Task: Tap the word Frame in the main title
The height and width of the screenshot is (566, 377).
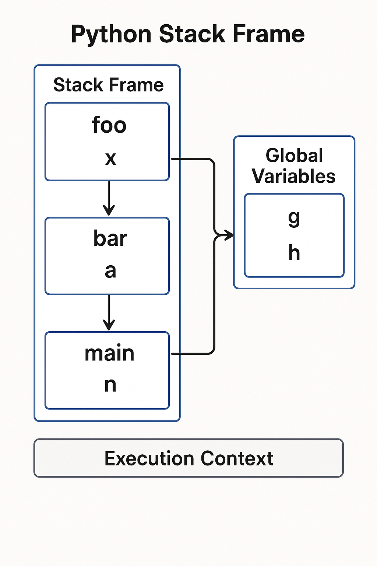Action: pyautogui.click(x=268, y=34)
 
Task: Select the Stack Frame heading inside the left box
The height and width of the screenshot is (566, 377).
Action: pyautogui.click(x=108, y=85)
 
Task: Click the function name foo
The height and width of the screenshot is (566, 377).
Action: pyautogui.click(x=109, y=125)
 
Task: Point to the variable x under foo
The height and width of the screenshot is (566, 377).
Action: pyautogui.click(x=110, y=158)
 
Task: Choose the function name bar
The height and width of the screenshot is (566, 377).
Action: pyautogui.click(x=110, y=238)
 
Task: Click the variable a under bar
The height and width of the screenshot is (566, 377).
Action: pyautogui.click(x=110, y=271)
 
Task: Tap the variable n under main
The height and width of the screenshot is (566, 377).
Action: pyautogui.click(x=110, y=385)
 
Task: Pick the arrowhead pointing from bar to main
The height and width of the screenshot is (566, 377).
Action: pyautogui.click(x=109, y=326)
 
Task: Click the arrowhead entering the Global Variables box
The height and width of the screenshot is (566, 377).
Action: pyautogui.click(x=230, y=235)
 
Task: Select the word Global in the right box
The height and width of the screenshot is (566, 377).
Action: pyautogui.click(x=294, y=155)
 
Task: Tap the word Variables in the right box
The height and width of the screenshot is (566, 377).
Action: pyautogui.click(x=293, y=176)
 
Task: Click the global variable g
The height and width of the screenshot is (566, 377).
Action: pyautogui.click(x=294, y=218)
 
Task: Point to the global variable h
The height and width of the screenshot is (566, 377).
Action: pyautogui.click(x=294, y=253)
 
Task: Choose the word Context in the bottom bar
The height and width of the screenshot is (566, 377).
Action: pyautogui.click(x=237, y=458)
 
